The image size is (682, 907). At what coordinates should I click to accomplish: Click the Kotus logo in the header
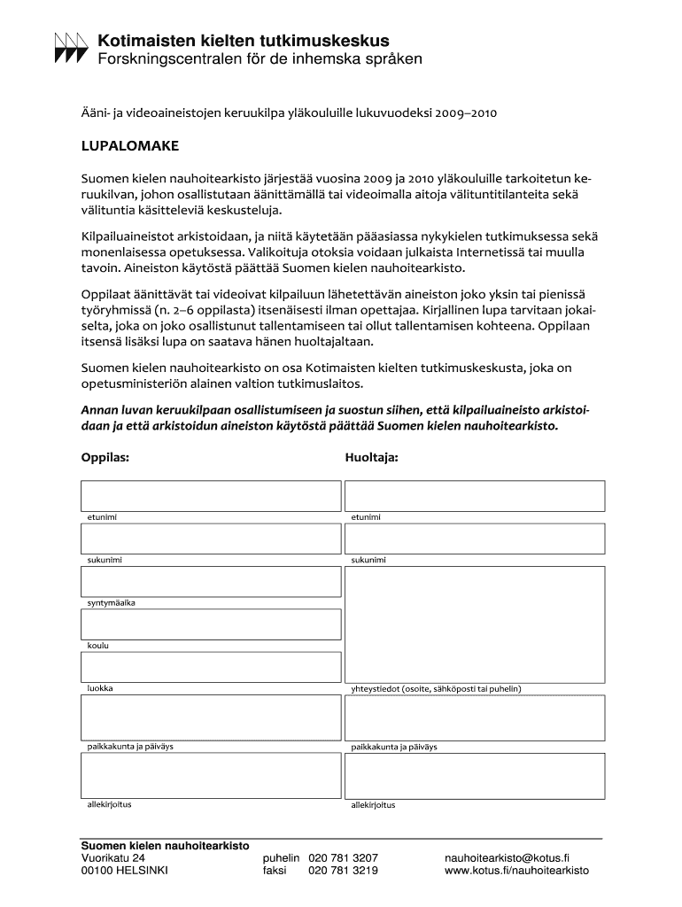coord(72,48)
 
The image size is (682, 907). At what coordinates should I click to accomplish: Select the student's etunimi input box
coord(211,495)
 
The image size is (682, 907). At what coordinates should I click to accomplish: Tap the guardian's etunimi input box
coord(474,495)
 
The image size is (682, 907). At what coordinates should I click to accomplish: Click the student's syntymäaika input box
coord(211,581)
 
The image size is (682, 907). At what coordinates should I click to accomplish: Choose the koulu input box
coord(211,624)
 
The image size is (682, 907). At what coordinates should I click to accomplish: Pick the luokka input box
coord(211,667)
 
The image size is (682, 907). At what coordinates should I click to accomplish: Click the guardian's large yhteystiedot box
coord(474,624)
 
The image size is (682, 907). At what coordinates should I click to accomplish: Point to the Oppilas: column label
coord(105,458)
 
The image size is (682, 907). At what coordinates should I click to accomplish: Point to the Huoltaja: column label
coord(371,458)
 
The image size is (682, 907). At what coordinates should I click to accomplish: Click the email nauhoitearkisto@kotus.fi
coord(507,858)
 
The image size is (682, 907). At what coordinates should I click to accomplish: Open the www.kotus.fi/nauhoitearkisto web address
coord(516,871)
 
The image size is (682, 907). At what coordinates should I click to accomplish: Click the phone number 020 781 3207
coord(343,858)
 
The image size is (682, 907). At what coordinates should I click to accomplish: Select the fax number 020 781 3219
coord(343,871)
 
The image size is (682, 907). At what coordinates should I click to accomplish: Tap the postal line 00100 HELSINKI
coord(124,871)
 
